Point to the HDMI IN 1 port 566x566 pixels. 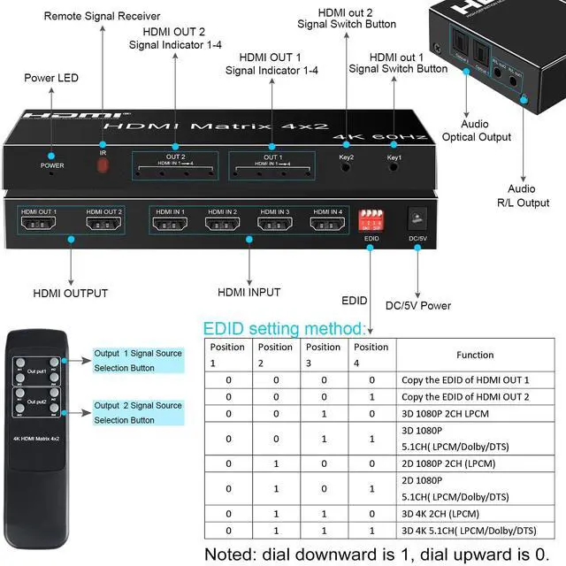tap(171, 224)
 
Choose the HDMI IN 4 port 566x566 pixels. tap(327, 224)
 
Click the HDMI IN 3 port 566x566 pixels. tap(275, 224)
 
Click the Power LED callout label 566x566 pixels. tap(52, 79)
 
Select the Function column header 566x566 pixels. tap(475, 355)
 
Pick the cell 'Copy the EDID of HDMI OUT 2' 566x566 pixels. tap(465, 396)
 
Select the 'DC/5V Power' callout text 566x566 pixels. tap(418, 306)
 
